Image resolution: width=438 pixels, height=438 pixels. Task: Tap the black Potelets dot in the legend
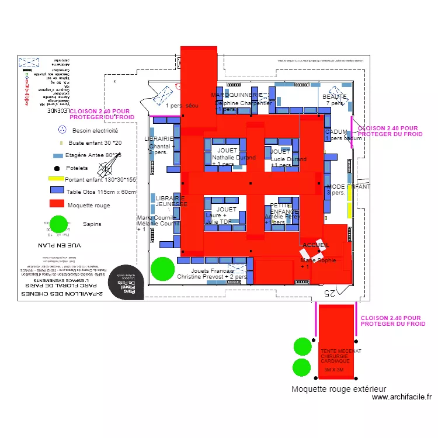(57, 168)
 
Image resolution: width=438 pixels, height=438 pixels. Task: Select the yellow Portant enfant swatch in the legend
(56, 179)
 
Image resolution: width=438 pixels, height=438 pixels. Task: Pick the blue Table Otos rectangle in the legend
(57, 190)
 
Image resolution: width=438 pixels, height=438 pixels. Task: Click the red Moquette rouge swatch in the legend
(56, 204)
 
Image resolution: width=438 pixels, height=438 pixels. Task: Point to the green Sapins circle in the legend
(58, 224)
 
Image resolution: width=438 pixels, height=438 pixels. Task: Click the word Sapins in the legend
(92, 224)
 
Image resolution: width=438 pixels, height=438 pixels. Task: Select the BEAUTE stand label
(335, 96)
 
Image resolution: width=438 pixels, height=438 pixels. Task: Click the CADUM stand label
(336, 132)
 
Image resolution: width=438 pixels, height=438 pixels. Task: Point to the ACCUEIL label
(316, 245)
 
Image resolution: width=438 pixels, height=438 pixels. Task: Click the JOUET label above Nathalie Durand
(227, 151)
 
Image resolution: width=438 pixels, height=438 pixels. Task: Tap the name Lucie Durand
(288, 159)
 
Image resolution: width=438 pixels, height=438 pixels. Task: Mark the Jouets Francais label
(212, 271)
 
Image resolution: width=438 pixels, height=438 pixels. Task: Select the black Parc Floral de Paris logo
(126, 283)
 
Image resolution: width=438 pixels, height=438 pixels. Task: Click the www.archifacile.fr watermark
(401, 397)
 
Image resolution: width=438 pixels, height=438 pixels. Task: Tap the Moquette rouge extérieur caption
(339, 389)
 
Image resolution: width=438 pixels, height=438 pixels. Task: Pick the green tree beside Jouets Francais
(163, 269)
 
